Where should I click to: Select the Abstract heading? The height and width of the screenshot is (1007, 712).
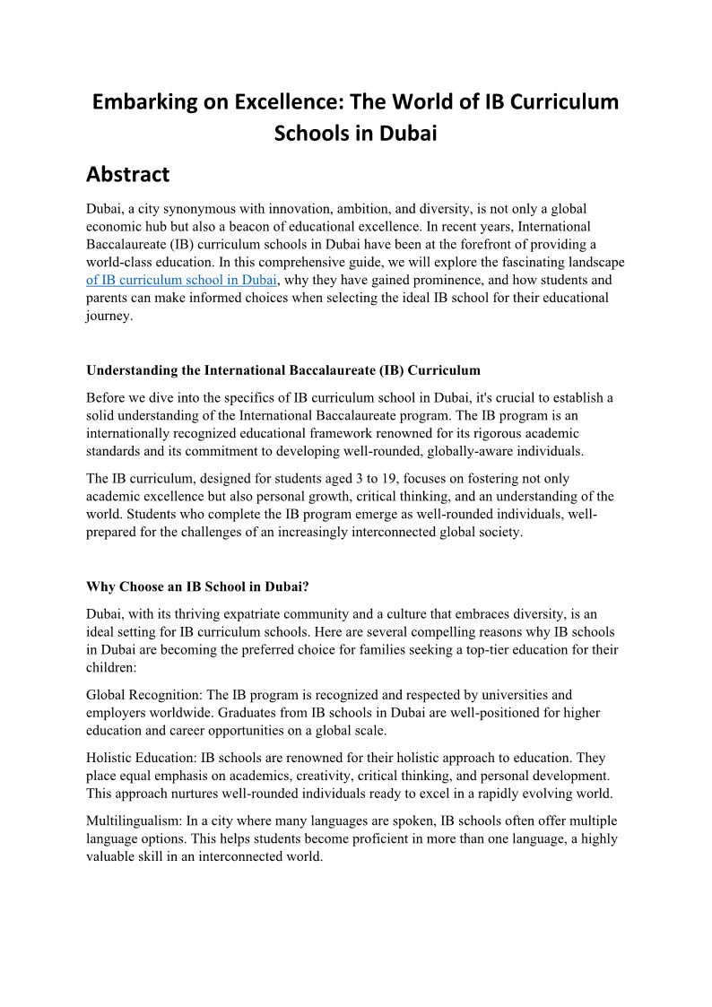click(x=127, y=174)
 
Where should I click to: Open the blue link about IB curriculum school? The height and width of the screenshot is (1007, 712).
click(x=175, y=280)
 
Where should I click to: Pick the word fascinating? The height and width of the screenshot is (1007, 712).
click(x=529, y=262)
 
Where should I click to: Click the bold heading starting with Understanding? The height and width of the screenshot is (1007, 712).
click(x=283, y=369)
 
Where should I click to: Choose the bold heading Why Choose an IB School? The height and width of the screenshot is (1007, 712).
click(x=198, y=586)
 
